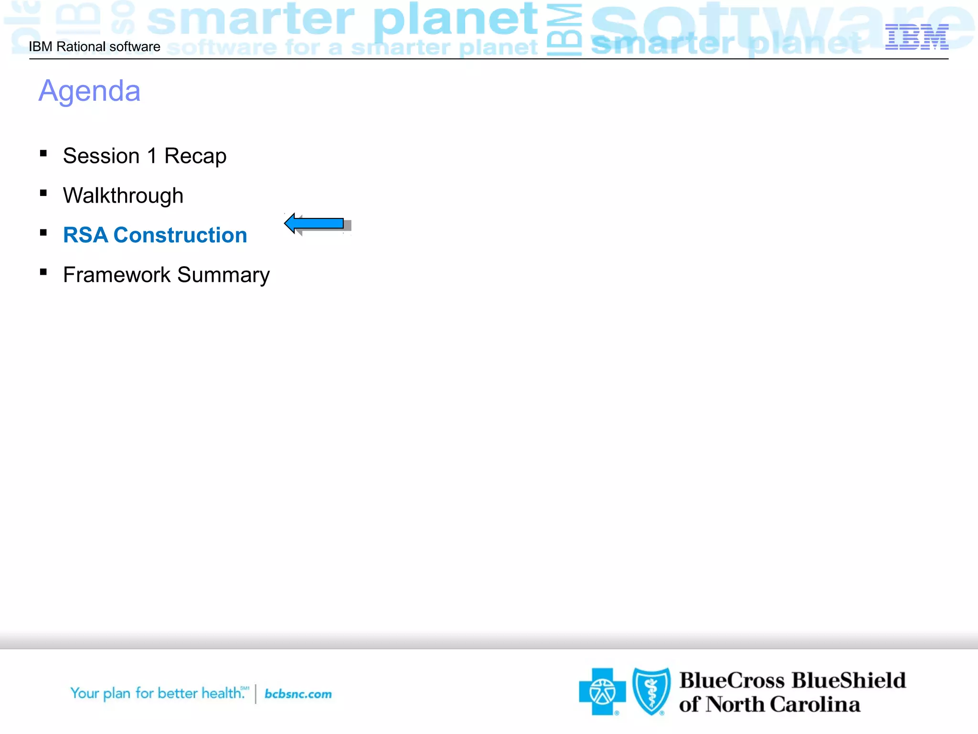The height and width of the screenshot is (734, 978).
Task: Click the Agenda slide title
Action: point(89,91)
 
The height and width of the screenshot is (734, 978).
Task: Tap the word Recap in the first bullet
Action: point(195,156)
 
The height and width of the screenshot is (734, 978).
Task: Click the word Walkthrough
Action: point(123,196)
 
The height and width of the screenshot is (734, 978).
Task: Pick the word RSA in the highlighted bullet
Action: point(85,235)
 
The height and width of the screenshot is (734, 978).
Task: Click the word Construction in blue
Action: point(180,235)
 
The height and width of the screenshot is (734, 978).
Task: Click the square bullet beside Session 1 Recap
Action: point(43,153)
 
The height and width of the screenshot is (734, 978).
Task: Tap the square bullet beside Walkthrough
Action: point(43,193)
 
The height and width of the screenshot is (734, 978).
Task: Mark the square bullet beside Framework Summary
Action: point(43,272)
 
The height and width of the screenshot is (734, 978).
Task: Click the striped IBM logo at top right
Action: point(916,37)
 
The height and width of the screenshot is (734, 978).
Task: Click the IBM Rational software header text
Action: point(95,47)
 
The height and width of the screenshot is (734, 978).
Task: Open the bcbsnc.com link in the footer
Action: point(298,694)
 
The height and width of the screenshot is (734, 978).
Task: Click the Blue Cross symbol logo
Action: point(602,691)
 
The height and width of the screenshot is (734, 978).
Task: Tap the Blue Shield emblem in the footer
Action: point(651,691)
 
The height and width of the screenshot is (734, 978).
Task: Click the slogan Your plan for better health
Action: point(158,693)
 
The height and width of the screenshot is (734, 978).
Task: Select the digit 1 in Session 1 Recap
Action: point(152,156)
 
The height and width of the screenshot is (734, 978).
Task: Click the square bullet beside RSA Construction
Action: point(43,233)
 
